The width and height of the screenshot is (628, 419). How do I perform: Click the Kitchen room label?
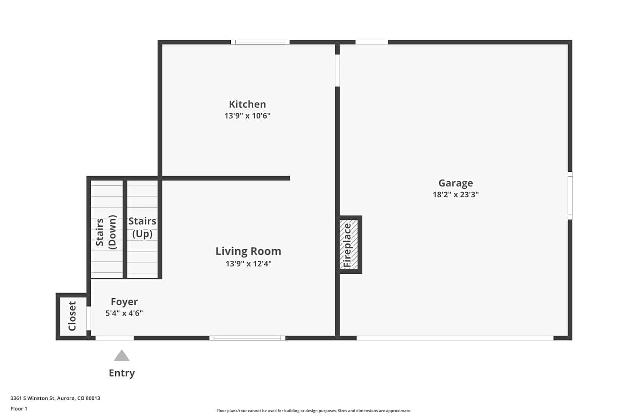click(247, 104)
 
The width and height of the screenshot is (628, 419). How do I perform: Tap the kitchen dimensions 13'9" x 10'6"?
click(247, 116)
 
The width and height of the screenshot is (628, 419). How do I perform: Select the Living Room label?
click(248, 251)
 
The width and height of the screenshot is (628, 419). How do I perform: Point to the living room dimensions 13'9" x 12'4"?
click(248, 264)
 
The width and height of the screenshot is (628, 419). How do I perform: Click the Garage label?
click(456, 183)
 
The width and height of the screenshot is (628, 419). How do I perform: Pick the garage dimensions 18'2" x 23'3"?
click(456, 194)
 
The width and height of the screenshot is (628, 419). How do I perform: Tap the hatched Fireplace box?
click(348, 244)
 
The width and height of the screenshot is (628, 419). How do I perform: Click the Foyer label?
click(124, 302)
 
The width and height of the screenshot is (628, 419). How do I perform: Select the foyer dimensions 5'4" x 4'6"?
click(124, 313)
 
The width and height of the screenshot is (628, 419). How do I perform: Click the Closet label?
click(72, 316)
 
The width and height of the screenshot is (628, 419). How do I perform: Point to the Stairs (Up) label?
click(142, 228)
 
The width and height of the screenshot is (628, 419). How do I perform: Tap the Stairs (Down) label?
click(106, 232)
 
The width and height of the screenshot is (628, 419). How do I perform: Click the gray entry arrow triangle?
click(122, 356)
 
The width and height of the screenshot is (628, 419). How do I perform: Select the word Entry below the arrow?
click(122, 373)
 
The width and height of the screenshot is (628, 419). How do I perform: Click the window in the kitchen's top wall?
click(260, 42)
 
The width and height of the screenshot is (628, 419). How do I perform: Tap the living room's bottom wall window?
click(247, 338)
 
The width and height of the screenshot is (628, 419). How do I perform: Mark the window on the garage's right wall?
click(570, 196)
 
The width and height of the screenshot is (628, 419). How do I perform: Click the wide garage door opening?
click(455, 338)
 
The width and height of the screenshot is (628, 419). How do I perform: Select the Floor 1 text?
click(19, 409)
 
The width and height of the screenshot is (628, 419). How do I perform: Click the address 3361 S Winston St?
click(33, 398)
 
